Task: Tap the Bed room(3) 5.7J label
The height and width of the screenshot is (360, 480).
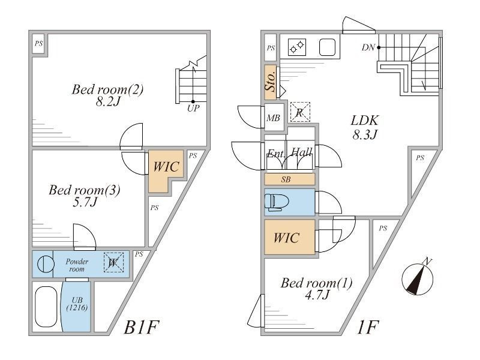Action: click(85, 197)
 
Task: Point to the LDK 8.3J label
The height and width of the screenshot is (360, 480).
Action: click(364, 127)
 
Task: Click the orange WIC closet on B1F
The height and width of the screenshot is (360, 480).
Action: click(163, 169)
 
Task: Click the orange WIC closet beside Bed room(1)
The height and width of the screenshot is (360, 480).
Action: click(289, 238)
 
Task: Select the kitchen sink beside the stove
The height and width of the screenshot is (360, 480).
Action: click(326, 46)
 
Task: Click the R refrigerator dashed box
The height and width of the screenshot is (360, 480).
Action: click(299, 112)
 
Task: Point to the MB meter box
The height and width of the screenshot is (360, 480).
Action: click(274, 118)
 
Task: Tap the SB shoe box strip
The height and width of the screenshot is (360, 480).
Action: click(289, 179)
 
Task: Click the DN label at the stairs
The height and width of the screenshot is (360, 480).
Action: click(369, 47)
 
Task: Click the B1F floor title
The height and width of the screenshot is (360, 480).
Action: click(143, 328)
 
